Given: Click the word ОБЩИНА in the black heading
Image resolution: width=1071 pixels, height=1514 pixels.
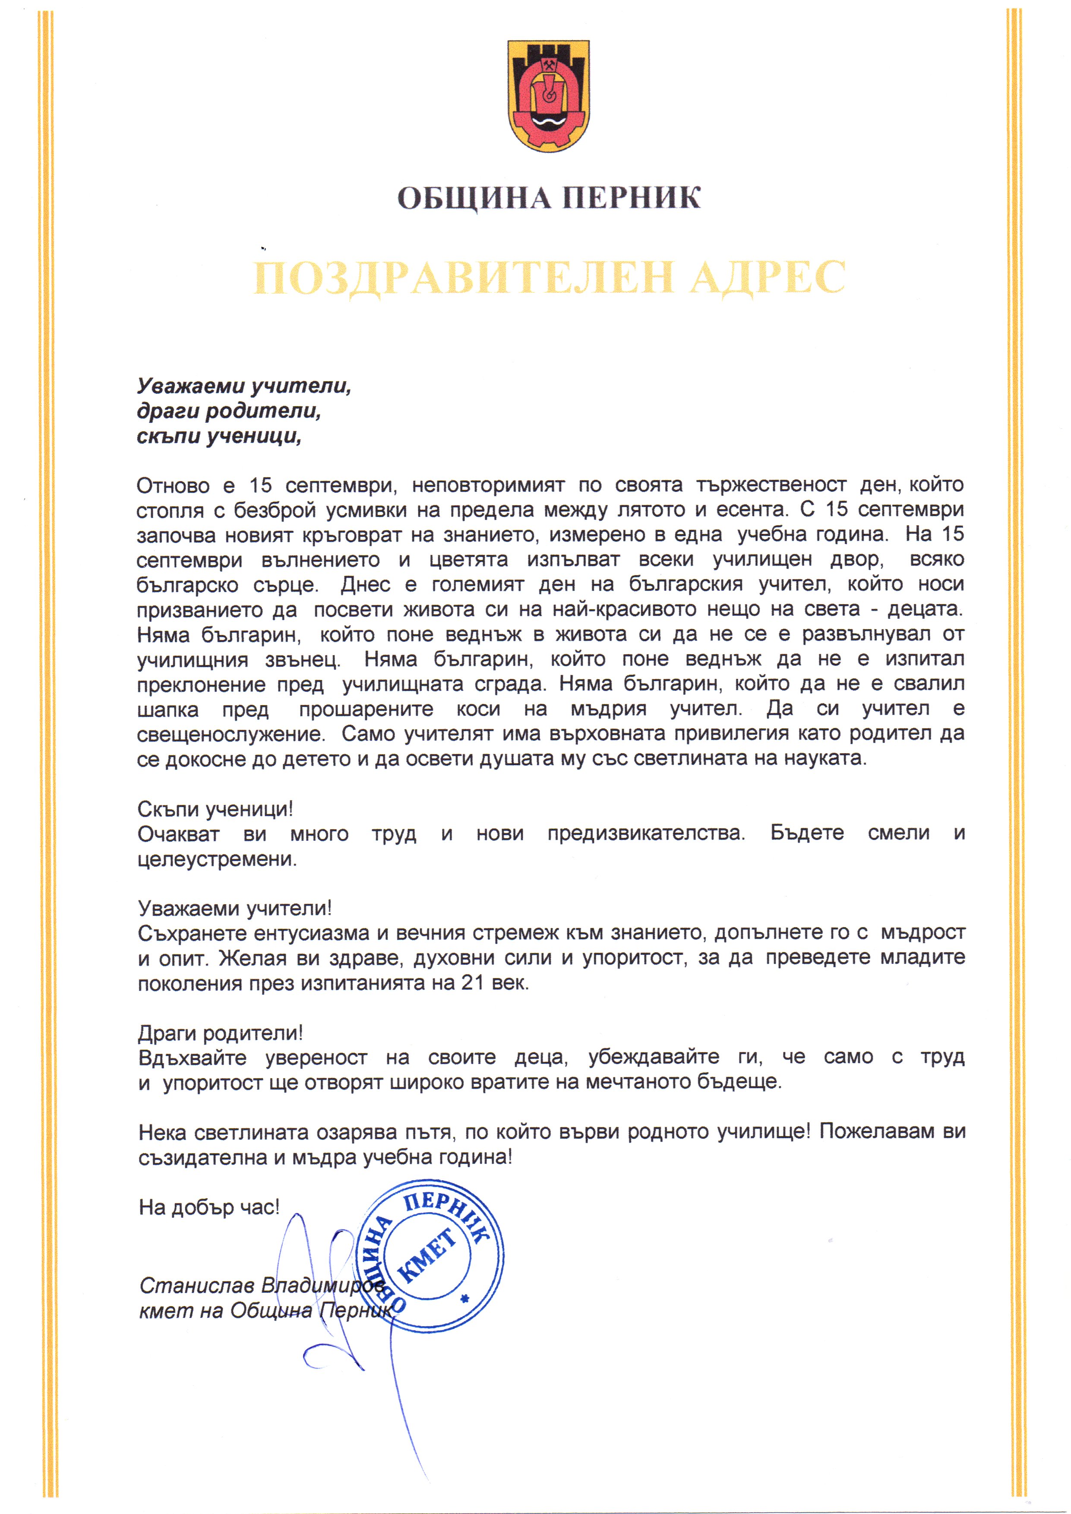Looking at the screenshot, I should click(x=474, y=198).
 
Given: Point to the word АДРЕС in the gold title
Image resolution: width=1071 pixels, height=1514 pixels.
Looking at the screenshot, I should click(x=767, y=277).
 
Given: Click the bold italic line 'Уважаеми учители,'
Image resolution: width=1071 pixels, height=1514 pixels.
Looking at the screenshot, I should click(x=243, y=386).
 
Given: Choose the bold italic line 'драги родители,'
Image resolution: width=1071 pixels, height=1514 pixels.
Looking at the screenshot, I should click(x=229, y=411).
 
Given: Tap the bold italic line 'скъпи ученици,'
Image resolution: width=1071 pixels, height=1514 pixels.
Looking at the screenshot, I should click(x=219, y=436).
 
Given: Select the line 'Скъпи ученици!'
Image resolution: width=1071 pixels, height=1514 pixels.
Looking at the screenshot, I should click(x=215, y=809).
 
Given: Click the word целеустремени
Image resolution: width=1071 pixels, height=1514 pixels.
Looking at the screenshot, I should click(x=217, y=859).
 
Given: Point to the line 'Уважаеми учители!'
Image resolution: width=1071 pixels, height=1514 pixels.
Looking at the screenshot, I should click(x=235, y=909).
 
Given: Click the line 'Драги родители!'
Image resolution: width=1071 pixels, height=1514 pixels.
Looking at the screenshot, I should click(x=220, y=1033).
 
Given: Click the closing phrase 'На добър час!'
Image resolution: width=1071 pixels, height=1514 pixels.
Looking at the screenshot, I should click(x=209, y=1207).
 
